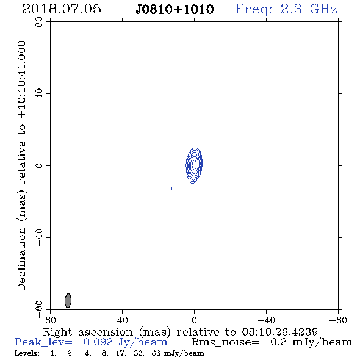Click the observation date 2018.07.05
point(62,9)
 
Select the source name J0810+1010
point(175,9)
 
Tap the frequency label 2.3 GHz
point(309,9)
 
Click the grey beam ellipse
point(68,300)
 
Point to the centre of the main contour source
point(194,165)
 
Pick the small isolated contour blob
point(171,189)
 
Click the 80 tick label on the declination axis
point(39,22)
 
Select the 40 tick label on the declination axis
point(39,93)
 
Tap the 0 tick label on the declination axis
point(39,165)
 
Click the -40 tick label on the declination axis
point(39,237)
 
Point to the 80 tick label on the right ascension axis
point(50,320)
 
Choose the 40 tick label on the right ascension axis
point(122,320)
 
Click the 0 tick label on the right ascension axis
point(194,320)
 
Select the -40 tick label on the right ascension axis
point(266,320)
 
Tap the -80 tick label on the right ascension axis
point(338,320)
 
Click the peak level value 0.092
point(98,342)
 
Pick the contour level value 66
point(156,353)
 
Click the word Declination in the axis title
point(21,259)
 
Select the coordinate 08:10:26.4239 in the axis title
point(279,332)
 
